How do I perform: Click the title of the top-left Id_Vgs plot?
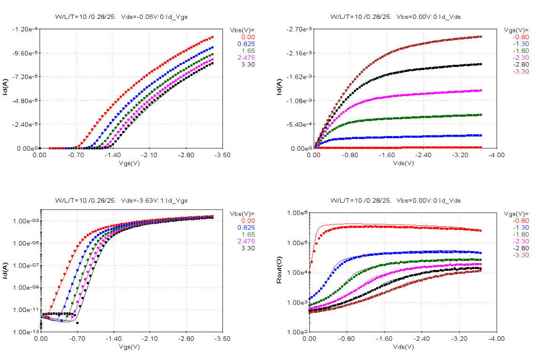[x=121, y=16]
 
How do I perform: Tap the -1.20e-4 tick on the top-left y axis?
[x=25, y=29]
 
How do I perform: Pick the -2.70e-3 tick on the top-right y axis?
[x=298, y=29]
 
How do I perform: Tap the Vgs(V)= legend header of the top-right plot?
[x=516, y=30]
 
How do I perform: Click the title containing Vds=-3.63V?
[x=121, y=200]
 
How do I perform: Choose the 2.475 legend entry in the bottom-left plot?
[x=247, y=241]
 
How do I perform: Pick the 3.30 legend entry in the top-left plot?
[x=248, y=65]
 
